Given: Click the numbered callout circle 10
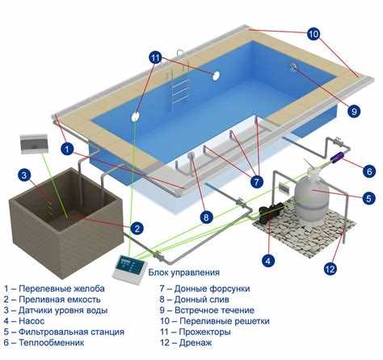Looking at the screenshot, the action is tap(314, 34).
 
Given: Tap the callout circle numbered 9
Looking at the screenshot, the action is tap(354, 111).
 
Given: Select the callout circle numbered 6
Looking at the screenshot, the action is tap(369, 171).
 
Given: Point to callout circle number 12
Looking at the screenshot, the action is tap(330, 269).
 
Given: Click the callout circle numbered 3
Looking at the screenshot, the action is tap(24, 175).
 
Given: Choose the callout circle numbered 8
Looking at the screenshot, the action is tap(206, 217).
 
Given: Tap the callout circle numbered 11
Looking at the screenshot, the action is tap(156, 58).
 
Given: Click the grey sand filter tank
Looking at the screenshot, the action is tap(313, 193).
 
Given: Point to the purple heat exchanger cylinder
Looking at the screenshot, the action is tap(338, 159).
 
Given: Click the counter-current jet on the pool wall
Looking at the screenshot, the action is tap(293, 67).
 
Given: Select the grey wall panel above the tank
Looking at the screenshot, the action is tap(34, 144).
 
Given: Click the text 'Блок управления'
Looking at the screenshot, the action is tap(184, 272).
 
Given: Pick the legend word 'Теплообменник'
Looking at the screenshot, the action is tap(52, 343).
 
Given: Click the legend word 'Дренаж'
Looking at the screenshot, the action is tap(196, 343).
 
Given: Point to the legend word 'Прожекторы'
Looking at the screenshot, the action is tap(204, 332).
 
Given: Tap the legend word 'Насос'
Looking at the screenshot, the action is tap(32, 321).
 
